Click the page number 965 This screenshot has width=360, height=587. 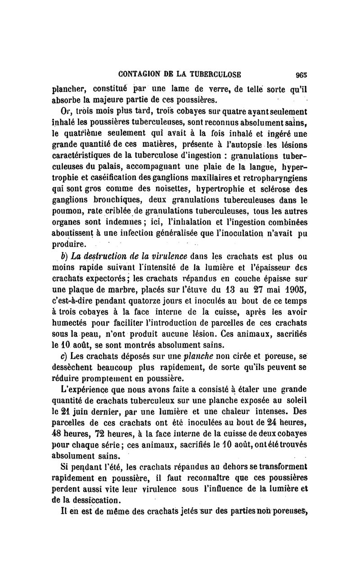coord(301,75)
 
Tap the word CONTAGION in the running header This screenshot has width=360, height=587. coord(137,75)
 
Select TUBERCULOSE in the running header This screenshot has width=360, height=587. coord(216,75)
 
